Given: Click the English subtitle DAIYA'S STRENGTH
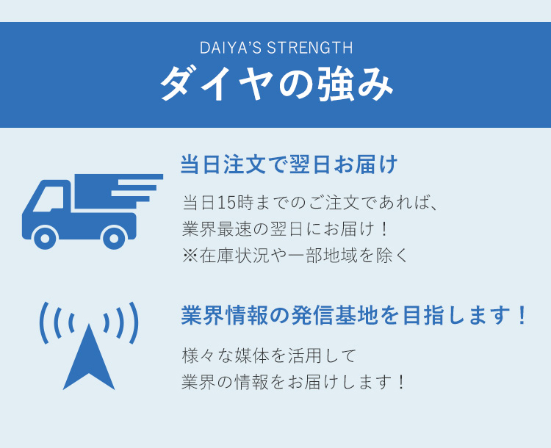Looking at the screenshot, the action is (276, 48).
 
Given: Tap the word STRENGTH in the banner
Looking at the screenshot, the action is (310, 48).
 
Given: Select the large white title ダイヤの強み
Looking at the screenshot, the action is (276, 84).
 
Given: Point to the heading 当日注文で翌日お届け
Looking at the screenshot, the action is (289, 164).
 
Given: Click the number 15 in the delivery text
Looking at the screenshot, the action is (226, 203).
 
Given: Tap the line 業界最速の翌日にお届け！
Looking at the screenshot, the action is (284, 229).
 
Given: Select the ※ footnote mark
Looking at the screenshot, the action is (190, 256).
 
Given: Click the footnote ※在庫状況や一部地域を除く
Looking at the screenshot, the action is (295, 256).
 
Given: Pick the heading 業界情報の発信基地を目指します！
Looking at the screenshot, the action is (353, 315).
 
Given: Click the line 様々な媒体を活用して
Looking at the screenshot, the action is (269, 355).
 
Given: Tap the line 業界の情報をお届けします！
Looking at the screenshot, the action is (293, 382).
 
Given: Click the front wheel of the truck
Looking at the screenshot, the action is (45, 238).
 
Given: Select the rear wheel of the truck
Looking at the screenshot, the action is (114, 238).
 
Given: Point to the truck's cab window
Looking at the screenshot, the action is (48, 199).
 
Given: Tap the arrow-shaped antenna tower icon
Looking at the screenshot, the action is (89, 357).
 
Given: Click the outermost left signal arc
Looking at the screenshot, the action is (43, 323).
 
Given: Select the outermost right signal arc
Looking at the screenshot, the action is (134, 323).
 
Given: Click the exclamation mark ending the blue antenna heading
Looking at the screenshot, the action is (522, 315).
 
